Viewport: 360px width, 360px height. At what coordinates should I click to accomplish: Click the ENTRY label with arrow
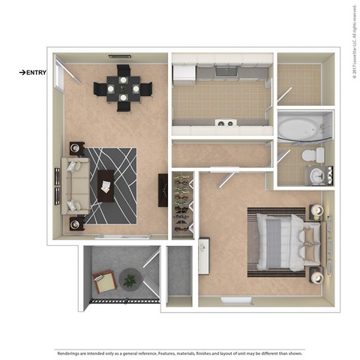pos(34,73)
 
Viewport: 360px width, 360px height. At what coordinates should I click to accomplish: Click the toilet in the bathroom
pos(316,156)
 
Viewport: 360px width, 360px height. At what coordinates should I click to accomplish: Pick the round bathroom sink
pos(315,175)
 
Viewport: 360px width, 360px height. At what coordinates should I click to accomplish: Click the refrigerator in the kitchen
pos(184,72)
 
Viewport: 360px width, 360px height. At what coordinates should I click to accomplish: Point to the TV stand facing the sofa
pos(163,190)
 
